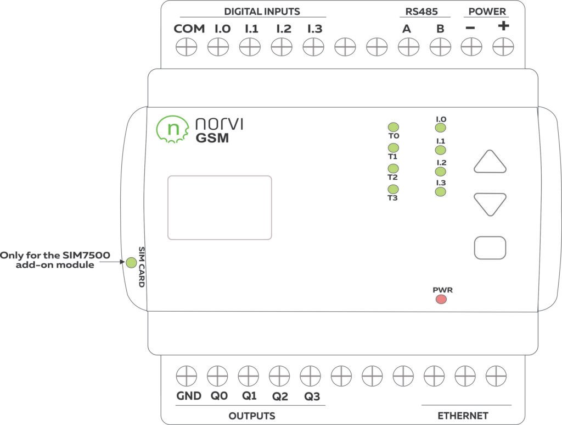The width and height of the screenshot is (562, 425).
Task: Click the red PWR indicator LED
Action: coord(441,300)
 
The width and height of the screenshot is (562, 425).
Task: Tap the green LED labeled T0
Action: coord(393,128)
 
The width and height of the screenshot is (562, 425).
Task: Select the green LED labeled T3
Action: coord(393,190)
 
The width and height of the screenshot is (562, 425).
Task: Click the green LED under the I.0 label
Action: coord(440,128)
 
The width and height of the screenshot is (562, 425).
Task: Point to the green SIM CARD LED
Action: coord(131,262)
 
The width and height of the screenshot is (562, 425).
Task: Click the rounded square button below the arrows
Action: coord(490,248)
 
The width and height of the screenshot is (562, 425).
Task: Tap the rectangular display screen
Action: coord(220,208)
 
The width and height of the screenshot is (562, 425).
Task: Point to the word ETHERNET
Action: coord(463,416)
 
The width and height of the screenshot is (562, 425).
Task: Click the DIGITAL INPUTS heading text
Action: coord(262,12)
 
